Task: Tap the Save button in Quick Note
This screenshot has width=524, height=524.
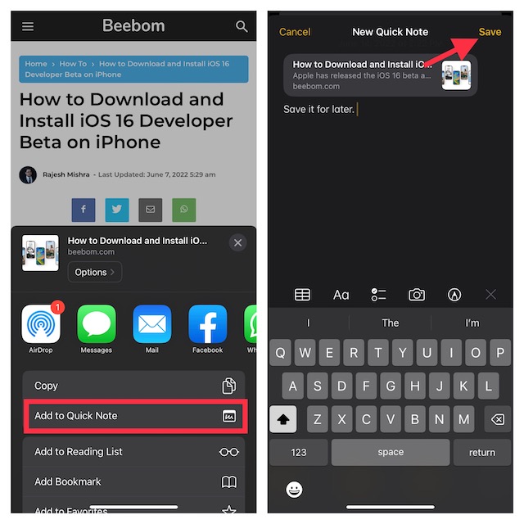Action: tap(490, 32)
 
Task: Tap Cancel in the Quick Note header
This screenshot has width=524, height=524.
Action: tap(295, 32)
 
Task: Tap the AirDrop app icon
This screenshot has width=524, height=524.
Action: tap(41, 325)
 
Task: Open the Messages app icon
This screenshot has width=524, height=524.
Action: tap(97, 325)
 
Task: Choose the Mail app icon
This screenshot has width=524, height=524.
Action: tap(152, 325)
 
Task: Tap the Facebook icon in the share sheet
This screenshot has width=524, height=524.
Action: tap(207, 325)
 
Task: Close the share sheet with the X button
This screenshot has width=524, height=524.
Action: tap(237, 242)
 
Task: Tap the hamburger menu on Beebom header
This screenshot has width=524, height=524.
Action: tap(28, 26)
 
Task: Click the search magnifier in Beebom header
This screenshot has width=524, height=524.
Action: tap(242, 26)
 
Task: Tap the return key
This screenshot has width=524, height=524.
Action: tap(481, 452)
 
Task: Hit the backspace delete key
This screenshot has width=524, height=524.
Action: tap(495, 419)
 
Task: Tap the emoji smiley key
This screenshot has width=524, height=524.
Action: tap(294, 489)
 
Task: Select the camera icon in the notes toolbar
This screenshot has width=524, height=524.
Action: tap(417, 295)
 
